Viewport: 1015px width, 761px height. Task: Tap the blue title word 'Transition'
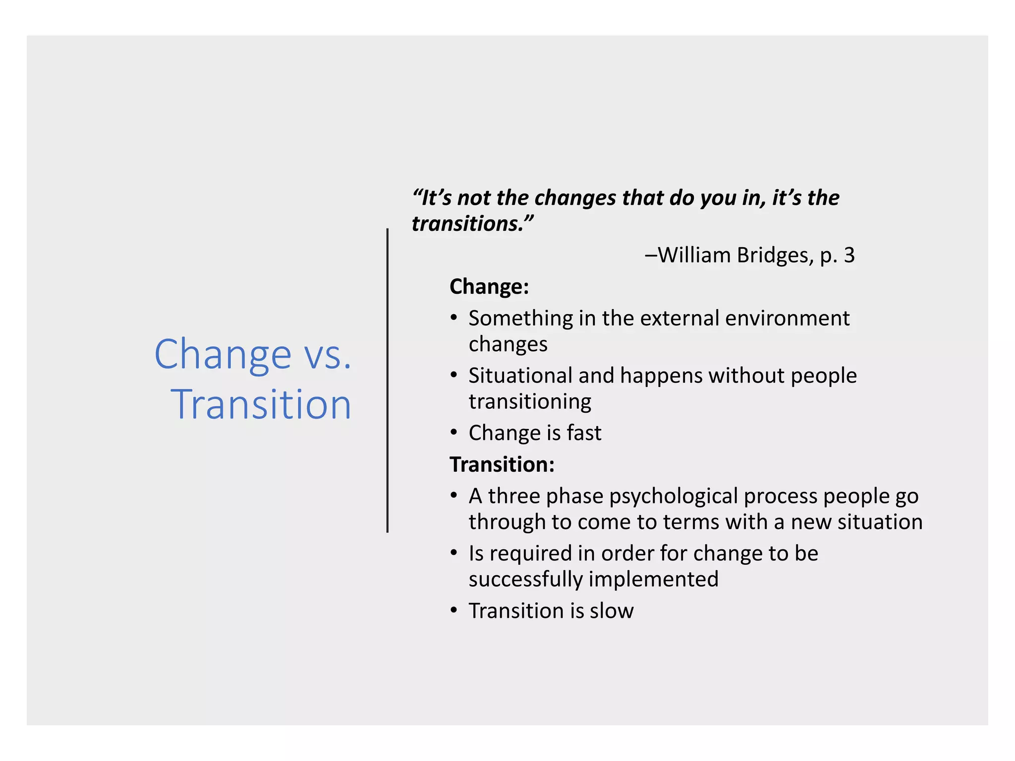coord(261,405)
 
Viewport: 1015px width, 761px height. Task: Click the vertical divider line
coord(388,380)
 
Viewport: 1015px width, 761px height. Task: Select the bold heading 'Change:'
coord(489,287)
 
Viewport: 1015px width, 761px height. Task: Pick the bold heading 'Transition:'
coord(502,465)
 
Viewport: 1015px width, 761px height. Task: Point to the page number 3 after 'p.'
coord(849,256)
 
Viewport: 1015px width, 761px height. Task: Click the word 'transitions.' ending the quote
coord(472,224)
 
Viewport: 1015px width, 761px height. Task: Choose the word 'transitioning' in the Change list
coord(530,402)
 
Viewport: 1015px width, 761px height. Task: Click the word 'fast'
coord(584,433)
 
